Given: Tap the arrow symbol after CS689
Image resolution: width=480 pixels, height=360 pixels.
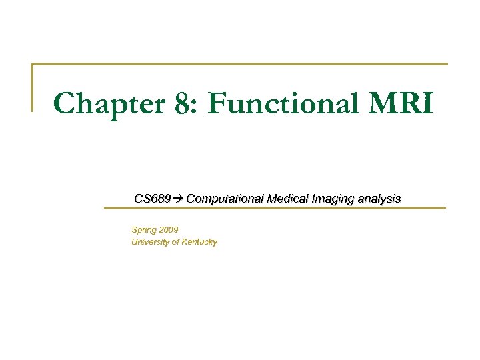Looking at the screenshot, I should (x=179, y=199).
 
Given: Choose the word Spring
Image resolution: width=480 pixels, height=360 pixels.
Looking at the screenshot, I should (x=145, y=230).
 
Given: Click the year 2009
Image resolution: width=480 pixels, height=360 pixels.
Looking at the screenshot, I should (x=169, y=230).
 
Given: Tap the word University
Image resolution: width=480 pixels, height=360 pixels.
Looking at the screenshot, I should (x=151, y=243).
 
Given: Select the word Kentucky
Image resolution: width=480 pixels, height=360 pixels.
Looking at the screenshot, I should (x=199, y=243).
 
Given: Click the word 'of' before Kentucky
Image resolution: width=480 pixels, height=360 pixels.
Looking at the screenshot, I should (x=176, y=243).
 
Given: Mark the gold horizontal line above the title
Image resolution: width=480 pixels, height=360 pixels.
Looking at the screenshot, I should (x=240, y=64).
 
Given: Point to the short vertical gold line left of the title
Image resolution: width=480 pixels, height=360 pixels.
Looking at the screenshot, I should (x=32, y=87).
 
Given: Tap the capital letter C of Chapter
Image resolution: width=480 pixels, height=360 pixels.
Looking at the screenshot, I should (x=65, y=105).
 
